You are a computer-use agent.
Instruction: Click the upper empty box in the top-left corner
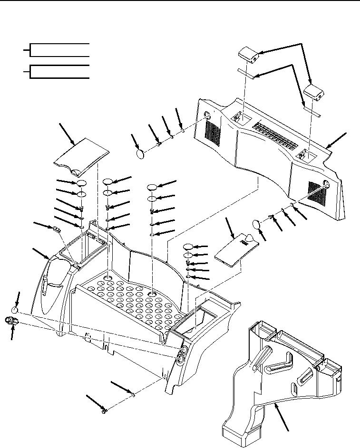[59, 49]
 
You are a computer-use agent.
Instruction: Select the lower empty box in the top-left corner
[59, 71]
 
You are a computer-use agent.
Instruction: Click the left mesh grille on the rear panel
[214, 133]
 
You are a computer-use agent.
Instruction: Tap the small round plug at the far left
[15, 310]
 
